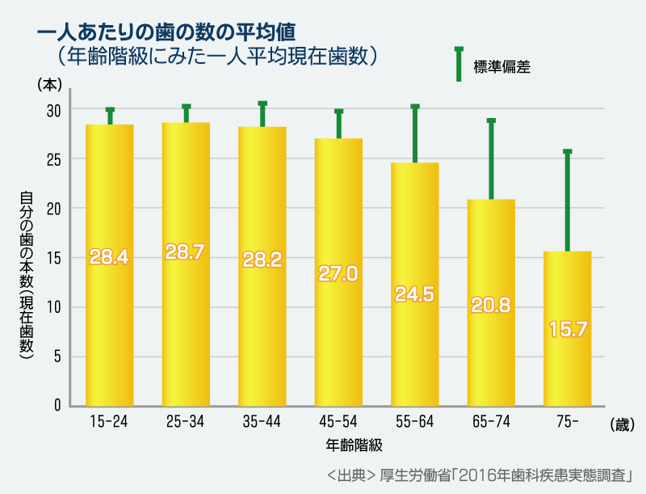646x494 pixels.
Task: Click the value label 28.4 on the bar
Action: (x=109, y=257)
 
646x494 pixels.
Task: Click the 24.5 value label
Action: (x=415, y=293)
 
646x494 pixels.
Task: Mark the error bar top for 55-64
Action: (x=415, y=106)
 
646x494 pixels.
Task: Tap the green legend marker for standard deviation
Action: (x=458, y=64)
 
